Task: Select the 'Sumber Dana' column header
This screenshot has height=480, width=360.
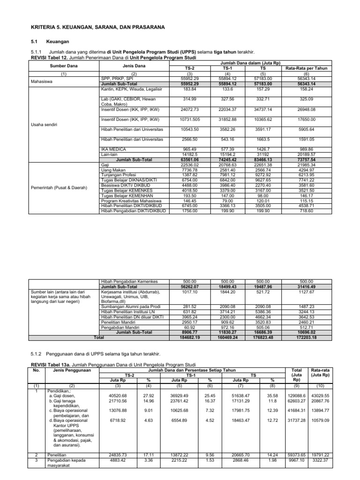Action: click(63, 66)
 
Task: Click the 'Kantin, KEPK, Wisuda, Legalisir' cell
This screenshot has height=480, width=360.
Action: click(128, 88)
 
